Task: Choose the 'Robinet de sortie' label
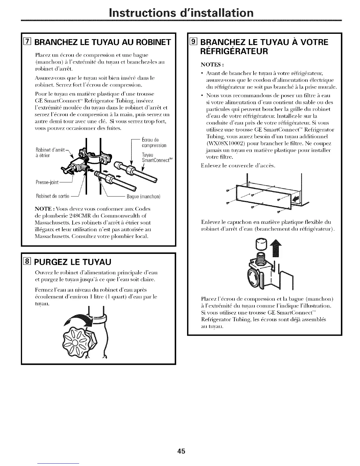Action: [52, 196]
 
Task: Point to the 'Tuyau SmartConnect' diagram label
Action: [156, 158]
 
